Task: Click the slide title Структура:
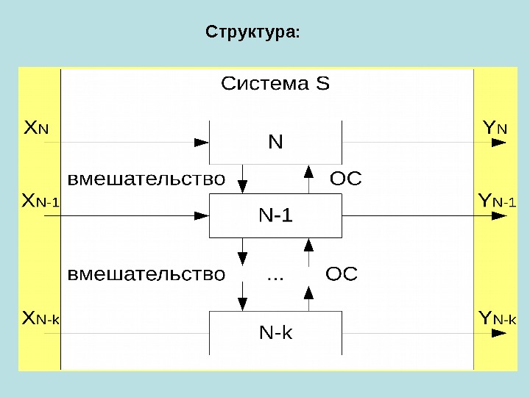252,33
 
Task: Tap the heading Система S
275,84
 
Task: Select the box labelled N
276,141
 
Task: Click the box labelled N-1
276,215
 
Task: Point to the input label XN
36,129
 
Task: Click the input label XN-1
41,201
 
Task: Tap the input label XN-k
41,319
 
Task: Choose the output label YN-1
497,201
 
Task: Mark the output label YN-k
497,319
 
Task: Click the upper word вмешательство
146,179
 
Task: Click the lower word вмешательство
146,275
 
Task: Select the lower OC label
341,275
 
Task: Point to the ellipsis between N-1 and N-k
275,277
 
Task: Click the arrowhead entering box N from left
201,142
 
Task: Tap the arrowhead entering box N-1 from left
201,215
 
